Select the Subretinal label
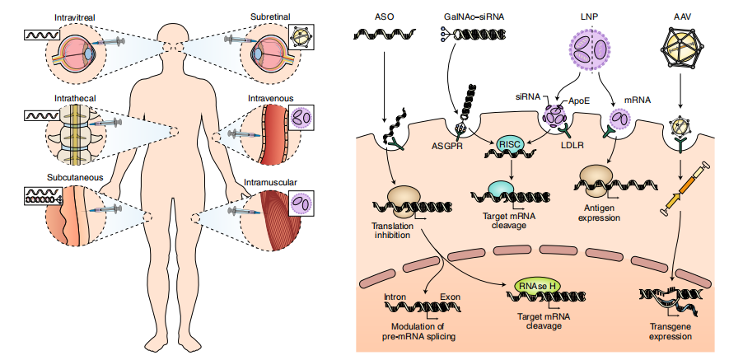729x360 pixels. [x=272, y=16]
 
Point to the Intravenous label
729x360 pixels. [x=270, y=98]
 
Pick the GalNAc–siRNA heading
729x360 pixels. [x=464, y=16]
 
